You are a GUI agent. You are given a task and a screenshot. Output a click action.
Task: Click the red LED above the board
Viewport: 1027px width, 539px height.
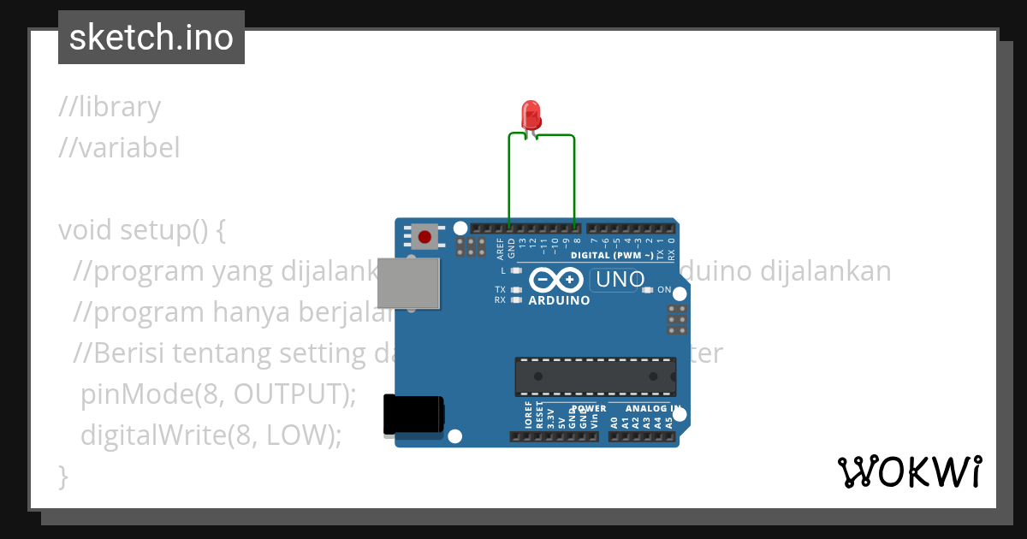click(531, 115)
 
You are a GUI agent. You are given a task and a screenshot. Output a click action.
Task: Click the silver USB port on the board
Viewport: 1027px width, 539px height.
click(410, 283)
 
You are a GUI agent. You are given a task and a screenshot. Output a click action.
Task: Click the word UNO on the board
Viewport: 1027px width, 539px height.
click(620, 280)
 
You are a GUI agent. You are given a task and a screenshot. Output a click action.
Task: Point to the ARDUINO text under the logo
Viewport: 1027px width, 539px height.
click(559, 300)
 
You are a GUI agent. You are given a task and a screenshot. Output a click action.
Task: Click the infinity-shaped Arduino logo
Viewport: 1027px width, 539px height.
click(557, 280)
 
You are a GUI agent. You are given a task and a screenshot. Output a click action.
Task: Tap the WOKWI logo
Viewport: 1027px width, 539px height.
click(910, 471)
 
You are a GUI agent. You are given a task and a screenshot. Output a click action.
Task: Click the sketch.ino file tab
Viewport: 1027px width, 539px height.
click(151, 38)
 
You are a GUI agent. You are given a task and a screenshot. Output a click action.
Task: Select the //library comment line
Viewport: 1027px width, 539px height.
click(110, 107)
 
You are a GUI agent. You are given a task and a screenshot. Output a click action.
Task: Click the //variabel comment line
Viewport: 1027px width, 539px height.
click(119, 148)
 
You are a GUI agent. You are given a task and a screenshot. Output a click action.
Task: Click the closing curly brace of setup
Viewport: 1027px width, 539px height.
click(62, 476)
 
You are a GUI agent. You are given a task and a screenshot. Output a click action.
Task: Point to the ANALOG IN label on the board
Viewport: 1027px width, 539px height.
click(653, 408)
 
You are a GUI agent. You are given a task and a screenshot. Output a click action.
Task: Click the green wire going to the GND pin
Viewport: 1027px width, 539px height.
click(509, 180)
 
